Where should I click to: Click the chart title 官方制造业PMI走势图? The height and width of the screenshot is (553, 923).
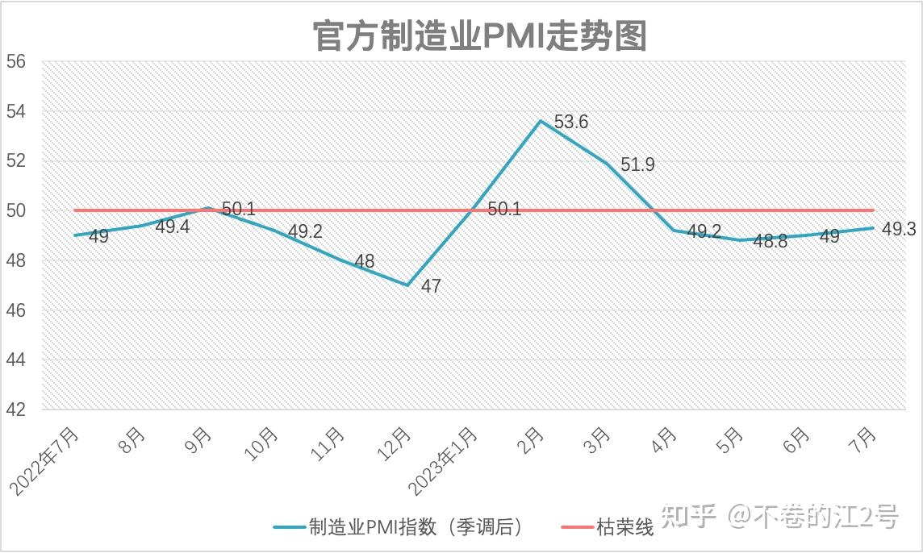click(480, 35)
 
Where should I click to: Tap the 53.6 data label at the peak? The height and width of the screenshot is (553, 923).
click(571, 123)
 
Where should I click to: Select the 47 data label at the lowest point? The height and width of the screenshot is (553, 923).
click(431, 286)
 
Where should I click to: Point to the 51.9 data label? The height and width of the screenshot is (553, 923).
click(637, 165)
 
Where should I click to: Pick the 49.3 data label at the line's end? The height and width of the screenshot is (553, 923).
click(898, 230)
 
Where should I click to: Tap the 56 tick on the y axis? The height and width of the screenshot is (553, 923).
click(16, 62)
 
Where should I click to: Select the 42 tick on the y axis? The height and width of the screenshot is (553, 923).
click(16, 410)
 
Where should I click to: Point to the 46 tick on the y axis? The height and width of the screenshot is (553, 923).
click(16, 310)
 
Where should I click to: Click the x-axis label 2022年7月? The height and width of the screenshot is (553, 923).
click(46, 461)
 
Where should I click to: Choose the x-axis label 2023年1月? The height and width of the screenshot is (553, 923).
click(444, 461)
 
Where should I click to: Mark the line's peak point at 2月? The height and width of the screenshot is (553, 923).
click(540, 121)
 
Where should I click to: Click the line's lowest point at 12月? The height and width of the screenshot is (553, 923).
click(407, 285)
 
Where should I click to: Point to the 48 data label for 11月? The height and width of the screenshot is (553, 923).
click(364, 262)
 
